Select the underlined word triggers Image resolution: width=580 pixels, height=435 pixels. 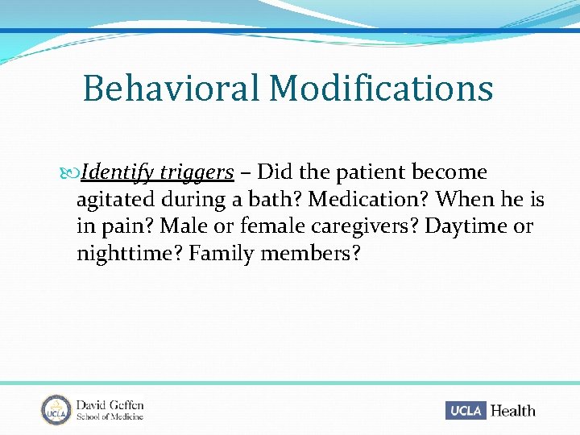pos(197,173)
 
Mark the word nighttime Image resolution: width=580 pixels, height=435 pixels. pos(128,254)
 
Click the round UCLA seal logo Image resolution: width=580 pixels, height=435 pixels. pos(56,409)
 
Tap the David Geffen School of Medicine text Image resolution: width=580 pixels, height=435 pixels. pos(110,410)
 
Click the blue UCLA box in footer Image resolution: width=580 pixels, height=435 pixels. pos(465,411)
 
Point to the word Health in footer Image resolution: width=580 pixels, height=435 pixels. pos(512,411)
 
